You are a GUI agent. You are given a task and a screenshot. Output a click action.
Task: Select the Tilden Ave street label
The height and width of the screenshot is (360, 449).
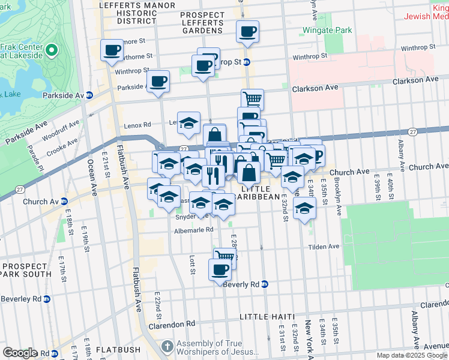[324, 246]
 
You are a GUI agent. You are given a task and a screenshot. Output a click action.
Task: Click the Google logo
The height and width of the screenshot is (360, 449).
[19, 353]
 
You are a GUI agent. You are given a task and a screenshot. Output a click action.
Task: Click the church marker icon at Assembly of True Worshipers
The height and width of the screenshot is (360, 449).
[167, 347]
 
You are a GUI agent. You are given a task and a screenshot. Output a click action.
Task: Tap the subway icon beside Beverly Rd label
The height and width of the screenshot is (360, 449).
[265, 284]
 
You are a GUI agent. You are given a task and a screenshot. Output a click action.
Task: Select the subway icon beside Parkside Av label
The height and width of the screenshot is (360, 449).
[89, 95]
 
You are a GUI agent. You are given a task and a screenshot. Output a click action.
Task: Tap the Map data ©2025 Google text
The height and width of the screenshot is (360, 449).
[411, 355]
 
